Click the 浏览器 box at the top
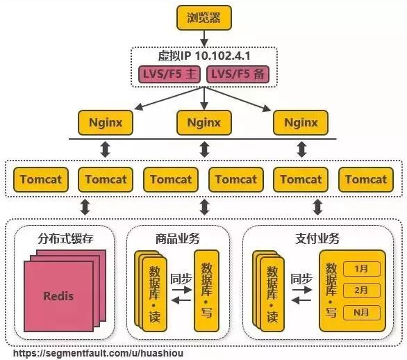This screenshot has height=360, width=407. pyautogui.click(x=203, y=17)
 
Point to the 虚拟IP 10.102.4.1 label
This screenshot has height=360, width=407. pyautogui.click(x=203, y=56)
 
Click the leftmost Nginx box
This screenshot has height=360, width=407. pyautogui.click(x=106, y=123)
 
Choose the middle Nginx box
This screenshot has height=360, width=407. pyautogui.click(x=203, y=123)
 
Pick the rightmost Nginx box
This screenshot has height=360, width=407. pyautogui.click(x=301, y=123)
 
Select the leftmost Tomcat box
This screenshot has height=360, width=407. pyautogui.click(x=41, y=179)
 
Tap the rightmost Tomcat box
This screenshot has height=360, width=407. pyautogui.click(x=366, y=179)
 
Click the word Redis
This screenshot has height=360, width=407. pyautogui.click(x=58, y=296)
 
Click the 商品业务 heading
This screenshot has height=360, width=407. pyautogui.click(x=178, y=239)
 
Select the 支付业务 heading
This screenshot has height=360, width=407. pyautogui.click(x=320, y=239)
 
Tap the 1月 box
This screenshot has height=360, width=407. pyautogui.click(x=361, y=268)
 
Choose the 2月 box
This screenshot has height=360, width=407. pyautogui.click(x=361, y=291)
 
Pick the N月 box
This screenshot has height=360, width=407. pyautogui.click(x=361, y=313)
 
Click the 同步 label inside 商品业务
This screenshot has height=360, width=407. pyautogui.click(x=181, y=278)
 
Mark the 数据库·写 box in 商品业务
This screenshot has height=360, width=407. pyautogui.click(x=206, y=288)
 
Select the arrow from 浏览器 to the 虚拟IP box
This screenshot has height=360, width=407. pyautogui.click(x=203, y=38)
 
